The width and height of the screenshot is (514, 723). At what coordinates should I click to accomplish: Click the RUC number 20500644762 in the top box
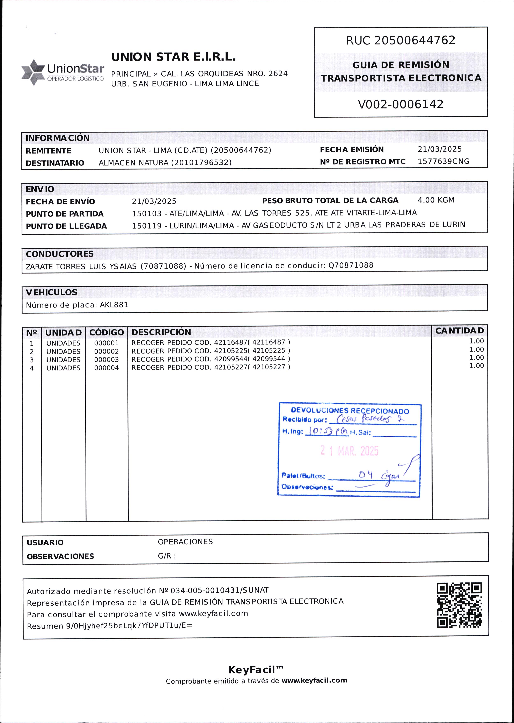point(415,40)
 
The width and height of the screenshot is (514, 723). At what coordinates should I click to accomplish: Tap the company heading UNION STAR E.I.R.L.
point(174,57)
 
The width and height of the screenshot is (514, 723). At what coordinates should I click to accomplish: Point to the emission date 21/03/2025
point(439,149)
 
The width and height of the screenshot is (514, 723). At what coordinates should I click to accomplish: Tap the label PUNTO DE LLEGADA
point(66,226)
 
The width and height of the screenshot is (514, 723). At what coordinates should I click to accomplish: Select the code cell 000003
point(106,360)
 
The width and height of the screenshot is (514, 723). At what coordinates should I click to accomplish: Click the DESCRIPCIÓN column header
point(161,332)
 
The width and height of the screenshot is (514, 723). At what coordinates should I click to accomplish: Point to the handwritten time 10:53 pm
point(328,431)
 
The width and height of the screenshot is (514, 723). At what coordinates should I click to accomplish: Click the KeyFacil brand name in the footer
point(252,670)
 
